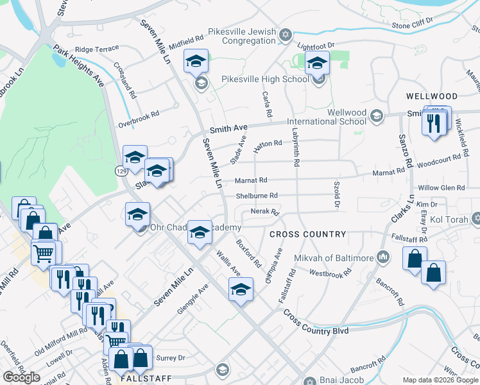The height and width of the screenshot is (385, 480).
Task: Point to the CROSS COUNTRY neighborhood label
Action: [307, 234]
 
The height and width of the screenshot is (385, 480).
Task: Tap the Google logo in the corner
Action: [21, 377]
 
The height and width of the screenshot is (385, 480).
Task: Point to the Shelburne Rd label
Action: [256, 196]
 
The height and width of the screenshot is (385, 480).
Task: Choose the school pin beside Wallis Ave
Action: [241, 289]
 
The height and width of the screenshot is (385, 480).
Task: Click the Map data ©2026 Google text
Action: [440, 380]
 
